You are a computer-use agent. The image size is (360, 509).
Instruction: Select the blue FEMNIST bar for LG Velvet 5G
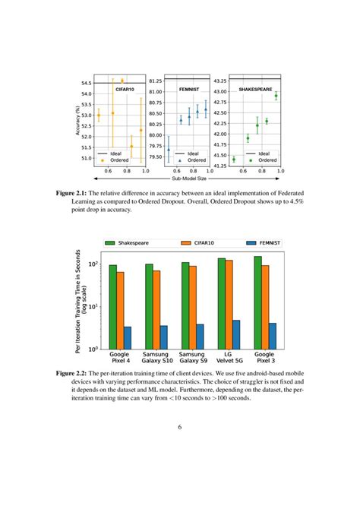tap(236, 334)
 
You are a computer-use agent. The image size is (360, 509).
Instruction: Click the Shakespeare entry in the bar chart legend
tap(132, 243)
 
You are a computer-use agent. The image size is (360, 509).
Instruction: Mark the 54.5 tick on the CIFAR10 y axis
tap(85, 83)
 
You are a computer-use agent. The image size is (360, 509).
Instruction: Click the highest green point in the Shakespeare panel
tap(276, 96)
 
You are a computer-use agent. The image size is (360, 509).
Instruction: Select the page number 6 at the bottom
tap(180, 426)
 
